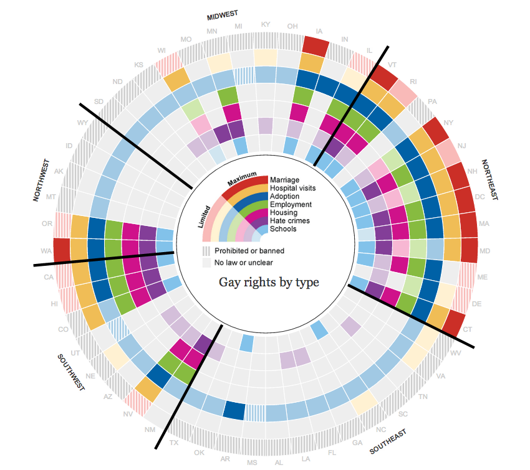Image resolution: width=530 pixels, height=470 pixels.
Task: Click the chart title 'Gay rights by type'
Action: point(269,283)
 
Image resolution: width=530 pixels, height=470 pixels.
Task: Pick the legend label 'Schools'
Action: point(284,229)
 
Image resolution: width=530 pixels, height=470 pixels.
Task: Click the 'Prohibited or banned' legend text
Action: point(249,251)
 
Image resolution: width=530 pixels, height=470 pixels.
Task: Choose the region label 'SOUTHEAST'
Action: point(388,441)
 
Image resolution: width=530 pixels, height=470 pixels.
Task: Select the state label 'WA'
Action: point(46,251)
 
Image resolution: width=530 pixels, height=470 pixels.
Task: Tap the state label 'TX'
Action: point(175,443)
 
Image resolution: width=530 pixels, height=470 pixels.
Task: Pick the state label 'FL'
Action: point(332,452)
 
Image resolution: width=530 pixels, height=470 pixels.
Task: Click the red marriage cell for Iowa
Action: point(316,46)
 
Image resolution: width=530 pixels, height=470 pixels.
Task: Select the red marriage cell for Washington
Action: point(62,250)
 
